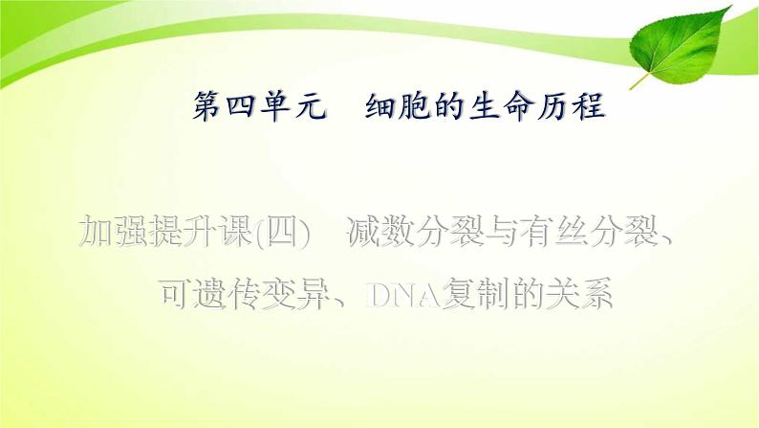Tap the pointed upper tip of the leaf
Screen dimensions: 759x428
click(731, 7)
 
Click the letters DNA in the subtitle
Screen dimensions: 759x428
click(403, 293)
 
